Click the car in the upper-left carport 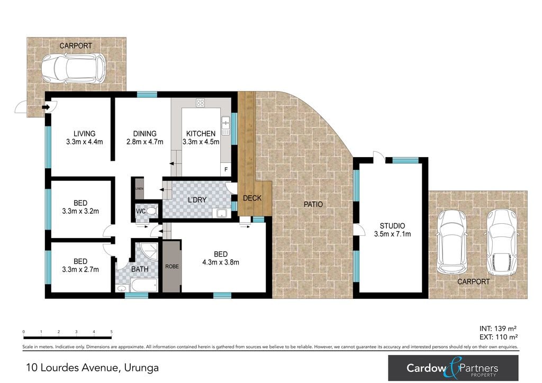(74, 68)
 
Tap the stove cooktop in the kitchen (200, 103)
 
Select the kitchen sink (225, 125)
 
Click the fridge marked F (226, 169)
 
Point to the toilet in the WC (151, 211)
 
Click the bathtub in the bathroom (144, 286)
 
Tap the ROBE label (172, 267)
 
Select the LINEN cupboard (139, 188)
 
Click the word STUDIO (392, 226)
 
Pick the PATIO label (313, 204)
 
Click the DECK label (252, 198)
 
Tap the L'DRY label (197, 200)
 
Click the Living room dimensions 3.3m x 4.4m (84, 142)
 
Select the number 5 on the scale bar (111, 332)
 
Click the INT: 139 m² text (498, 329)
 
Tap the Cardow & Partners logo (453, 368)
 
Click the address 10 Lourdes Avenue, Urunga (92, 368)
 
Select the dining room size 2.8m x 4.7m (144, 142)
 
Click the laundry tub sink (221, 213)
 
